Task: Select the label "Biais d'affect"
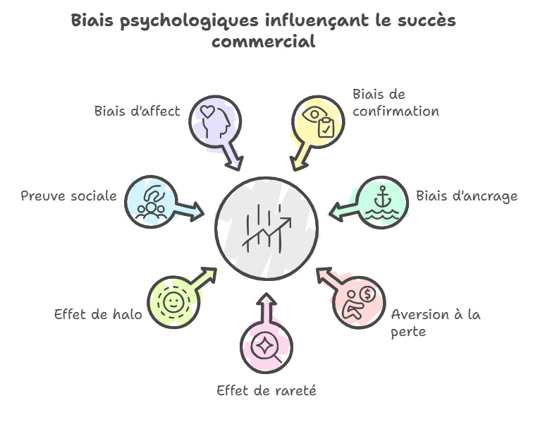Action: coord(137,111)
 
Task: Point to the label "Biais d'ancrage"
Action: coord(466,196)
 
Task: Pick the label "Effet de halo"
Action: coord(98,313)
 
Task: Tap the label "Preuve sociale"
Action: coord(68,196)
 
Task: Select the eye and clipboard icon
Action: coord(318,121)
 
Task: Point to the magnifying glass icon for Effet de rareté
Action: coord(267,346)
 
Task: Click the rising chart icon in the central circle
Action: coord(266,227)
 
